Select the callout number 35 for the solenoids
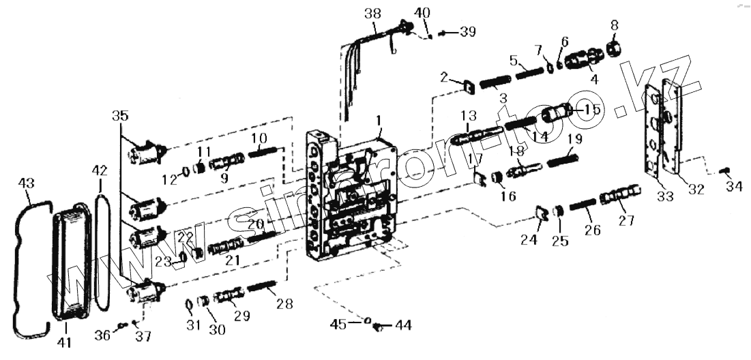click(x=120, y=117)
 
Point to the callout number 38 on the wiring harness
click(x=374, y=13)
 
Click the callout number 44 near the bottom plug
click(x=403, y=325)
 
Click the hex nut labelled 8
click(x=613, y=48)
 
